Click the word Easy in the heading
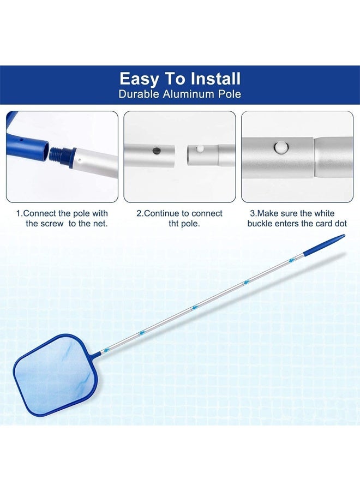coord(140,79)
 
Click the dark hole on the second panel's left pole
coord(157,150)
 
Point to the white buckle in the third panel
coord(281,148)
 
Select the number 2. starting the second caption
coord(140,213)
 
